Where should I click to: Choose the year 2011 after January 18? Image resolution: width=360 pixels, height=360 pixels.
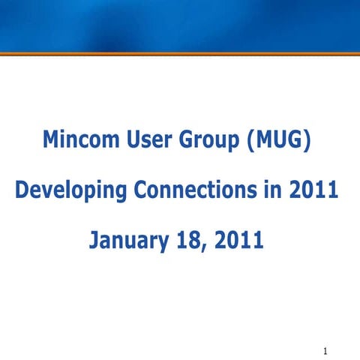[238, 241]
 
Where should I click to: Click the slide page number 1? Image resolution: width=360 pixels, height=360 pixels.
[325, 350]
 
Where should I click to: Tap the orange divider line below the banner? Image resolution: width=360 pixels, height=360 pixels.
[180, 53]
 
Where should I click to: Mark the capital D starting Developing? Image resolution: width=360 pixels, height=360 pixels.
[22, 190]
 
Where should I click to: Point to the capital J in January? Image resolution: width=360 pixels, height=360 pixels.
[94, 241]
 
